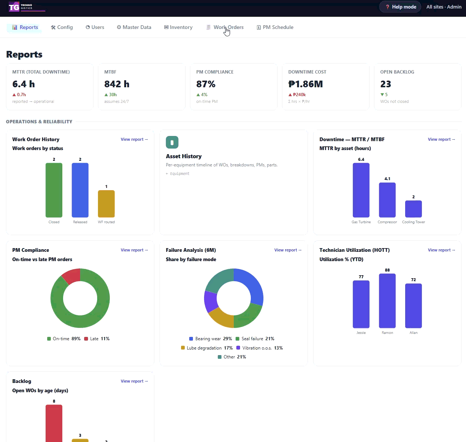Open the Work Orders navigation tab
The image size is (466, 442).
coord(225,27)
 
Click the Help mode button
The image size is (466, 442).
coord(400,7)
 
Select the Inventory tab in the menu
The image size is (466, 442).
coord(178,27)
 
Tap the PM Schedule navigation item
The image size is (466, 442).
coord(275,27)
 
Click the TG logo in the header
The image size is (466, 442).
coord(14,7)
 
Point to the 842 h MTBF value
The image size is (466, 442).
coord(116,84)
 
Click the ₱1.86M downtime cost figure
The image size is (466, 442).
coord(305,84)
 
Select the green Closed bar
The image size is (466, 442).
coord(54,190)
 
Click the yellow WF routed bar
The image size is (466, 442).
coord(106,204)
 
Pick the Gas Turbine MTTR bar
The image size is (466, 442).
coord(361,190)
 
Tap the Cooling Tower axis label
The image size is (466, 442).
coord(413,222)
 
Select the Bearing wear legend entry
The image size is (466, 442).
coord(210,339)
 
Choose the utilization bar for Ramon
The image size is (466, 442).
coord(387,301)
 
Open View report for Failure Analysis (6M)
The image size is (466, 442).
coord(288,250)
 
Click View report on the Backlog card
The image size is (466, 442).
coord(134,381)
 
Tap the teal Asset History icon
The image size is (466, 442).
coord(172,142)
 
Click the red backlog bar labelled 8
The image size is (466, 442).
coord(54,423)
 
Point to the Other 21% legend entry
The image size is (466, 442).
coord(232,357)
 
